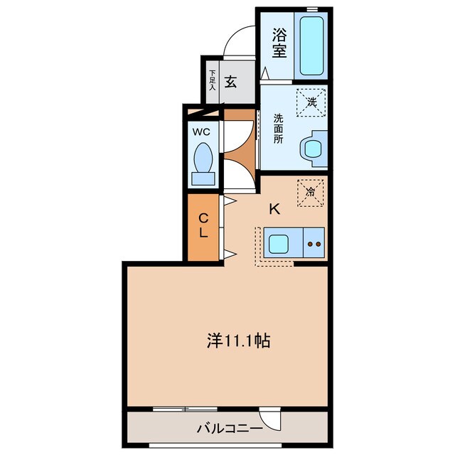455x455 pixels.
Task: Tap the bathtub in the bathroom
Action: (311, 45)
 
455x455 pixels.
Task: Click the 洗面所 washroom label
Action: (278, 129)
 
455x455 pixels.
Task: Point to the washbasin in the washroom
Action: (311, 149)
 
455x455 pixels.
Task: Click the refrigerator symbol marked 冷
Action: (310, 192)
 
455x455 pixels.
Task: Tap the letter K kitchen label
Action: (274, 209)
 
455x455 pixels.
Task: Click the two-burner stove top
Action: (314, 244)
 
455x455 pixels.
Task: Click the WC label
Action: (200, 131)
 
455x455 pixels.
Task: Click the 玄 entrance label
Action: (230, 82)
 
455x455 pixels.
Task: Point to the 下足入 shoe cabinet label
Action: (212, 78)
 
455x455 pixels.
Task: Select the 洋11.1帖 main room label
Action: (238, 341)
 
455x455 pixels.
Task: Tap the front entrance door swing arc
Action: (237, 39)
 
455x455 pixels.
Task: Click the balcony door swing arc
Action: (271, 417)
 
